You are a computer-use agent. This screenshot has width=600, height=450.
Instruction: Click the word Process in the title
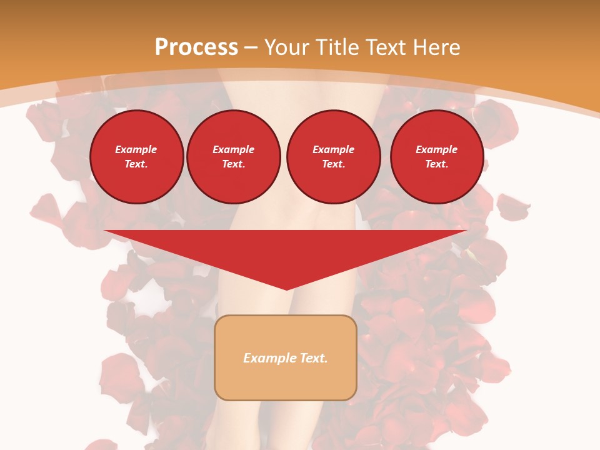[x=196, y=47]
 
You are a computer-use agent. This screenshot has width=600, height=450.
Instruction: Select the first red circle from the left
[x=137, y=157]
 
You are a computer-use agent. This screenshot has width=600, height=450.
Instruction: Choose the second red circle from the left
[x=234, y=157]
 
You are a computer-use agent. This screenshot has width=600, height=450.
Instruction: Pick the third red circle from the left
[x=333, y=157]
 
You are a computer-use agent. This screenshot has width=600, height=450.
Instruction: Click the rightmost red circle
[x=437, y=157]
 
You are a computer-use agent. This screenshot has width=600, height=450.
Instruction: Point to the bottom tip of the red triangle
[x=287, y=289]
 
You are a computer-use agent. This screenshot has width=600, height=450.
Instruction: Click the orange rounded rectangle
[x=286, y=357]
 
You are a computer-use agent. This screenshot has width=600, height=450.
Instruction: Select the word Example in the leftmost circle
[x=136, y=149]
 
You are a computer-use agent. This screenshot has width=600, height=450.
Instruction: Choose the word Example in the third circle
[x=333, y=149]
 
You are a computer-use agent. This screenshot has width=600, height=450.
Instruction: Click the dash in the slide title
[x=251, y=47]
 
